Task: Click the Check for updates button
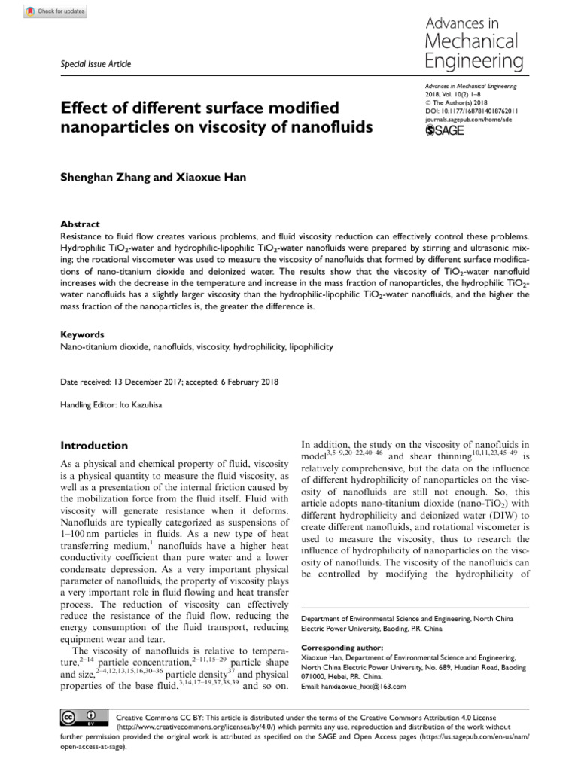pyautogui.click(x=56, y=12)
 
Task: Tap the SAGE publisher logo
pyautogui.click(x=446, y=131)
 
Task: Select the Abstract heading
pyautogui.click(x=78, y=224)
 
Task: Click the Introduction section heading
pyautogui.click(x=94, y=446)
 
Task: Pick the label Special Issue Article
pyautogui.click(x=95, y=64)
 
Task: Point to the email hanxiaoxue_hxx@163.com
pyautogui.click(x=365, y=687)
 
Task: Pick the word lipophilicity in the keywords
pyautogui.click(x=306, y=347)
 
